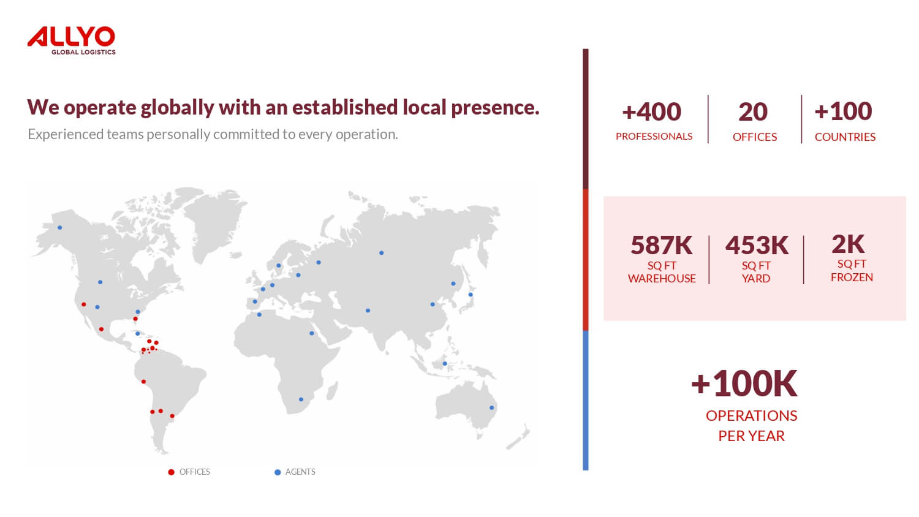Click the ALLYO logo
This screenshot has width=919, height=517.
point(72,40)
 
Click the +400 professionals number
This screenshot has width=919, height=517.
point(651,111)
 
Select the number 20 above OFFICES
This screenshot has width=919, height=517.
point(753,111)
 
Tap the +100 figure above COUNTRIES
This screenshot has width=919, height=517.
point(843,111)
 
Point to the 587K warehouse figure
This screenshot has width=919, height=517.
point(661,246)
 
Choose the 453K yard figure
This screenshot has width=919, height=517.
point(757,246)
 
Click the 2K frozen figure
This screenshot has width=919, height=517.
point(848,244)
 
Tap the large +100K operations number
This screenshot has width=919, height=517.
point(744,383)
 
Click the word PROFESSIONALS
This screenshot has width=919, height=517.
point(654,136)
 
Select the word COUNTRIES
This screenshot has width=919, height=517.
point(845,137)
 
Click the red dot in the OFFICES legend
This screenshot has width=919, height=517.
point(171,472)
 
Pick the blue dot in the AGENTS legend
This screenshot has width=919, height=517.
point(278,472)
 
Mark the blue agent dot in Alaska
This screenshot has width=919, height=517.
point(60,227)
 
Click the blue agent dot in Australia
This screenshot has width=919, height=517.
point(491,407)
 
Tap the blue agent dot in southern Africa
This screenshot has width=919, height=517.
point(301,399)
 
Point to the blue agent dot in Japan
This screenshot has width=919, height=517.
point(471,295)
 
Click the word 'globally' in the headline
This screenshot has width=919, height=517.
point(177,108)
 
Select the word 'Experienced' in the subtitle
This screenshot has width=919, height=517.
point(66,134)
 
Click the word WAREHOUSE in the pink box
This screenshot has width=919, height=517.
point(662,279)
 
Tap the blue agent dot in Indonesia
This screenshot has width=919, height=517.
point(445,363)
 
